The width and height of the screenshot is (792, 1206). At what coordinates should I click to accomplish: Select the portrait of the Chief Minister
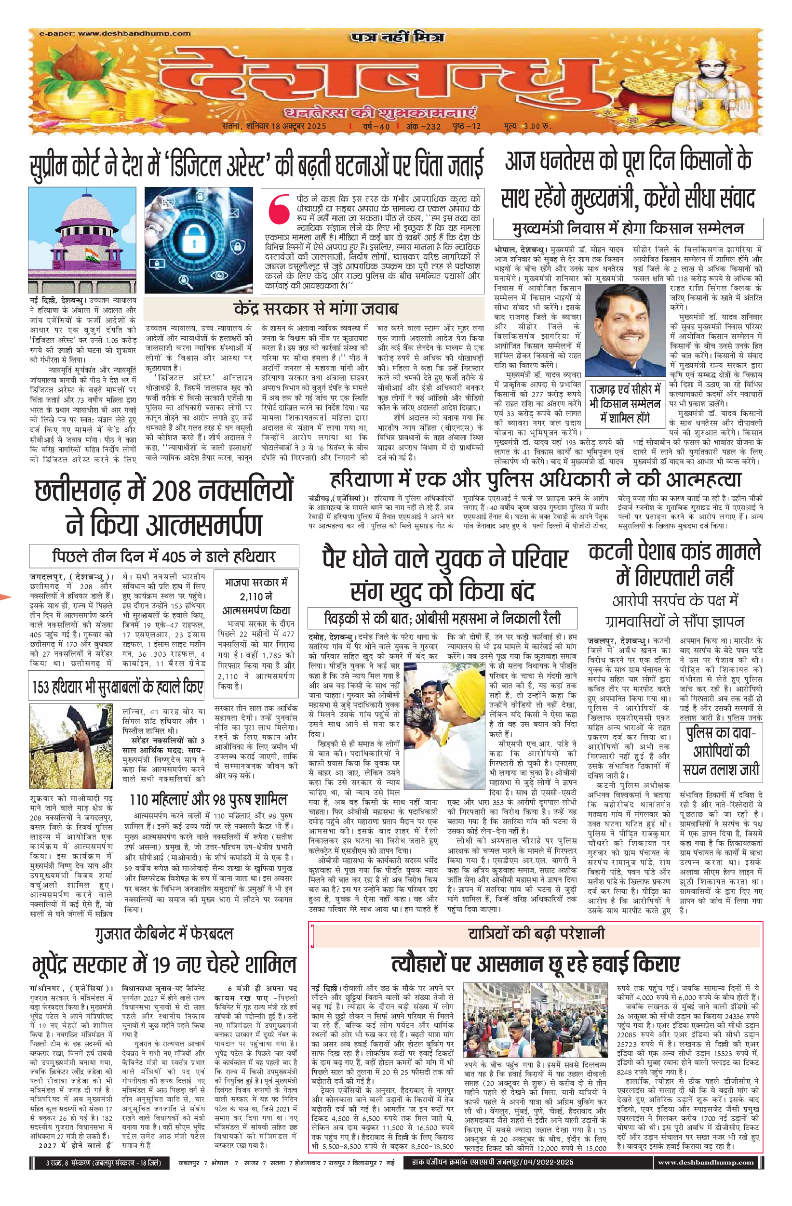(624, 330)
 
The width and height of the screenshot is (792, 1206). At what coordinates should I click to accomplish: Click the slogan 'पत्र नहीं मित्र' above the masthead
(398, 37)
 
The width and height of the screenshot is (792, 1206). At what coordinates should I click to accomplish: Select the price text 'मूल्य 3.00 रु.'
(527, 126)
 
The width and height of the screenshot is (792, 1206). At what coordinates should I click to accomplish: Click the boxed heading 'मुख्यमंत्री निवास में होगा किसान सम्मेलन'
(628, 228)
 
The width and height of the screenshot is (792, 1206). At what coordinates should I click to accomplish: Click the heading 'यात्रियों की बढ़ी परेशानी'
(536, 933)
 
